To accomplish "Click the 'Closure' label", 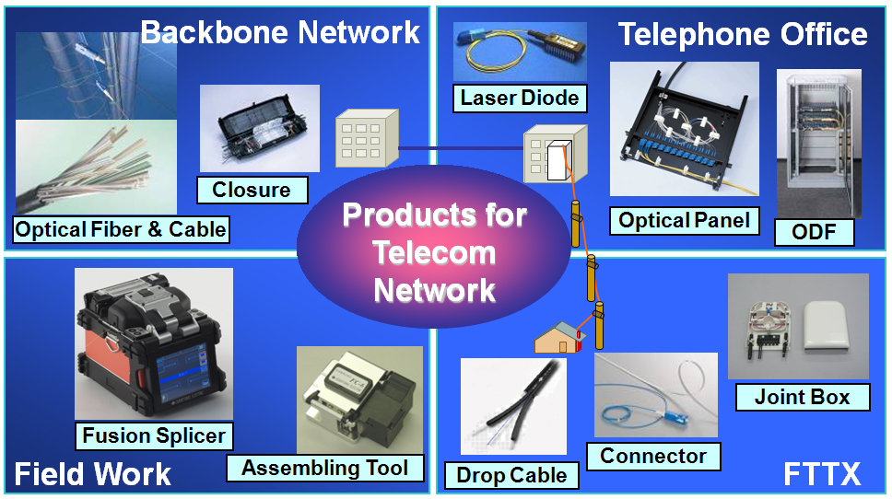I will [252, 190].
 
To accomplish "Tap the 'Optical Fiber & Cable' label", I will [121, 228].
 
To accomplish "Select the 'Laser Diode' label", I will [521, 98].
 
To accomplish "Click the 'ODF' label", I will [815, 232].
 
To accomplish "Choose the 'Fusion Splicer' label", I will [154, 435].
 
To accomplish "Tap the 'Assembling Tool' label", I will [325, 467].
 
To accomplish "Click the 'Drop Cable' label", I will [512, 475].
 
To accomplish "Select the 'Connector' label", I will [653, 456].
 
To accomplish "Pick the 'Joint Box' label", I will [802, 398].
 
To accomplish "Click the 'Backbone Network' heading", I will [280, 32].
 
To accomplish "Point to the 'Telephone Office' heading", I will [743, 34].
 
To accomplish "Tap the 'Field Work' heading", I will [93, 474].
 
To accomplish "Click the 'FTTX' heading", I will [822, 475].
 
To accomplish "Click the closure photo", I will [260, 129].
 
